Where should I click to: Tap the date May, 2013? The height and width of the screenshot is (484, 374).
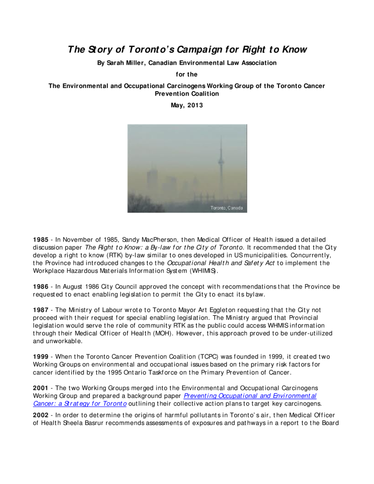187,105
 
